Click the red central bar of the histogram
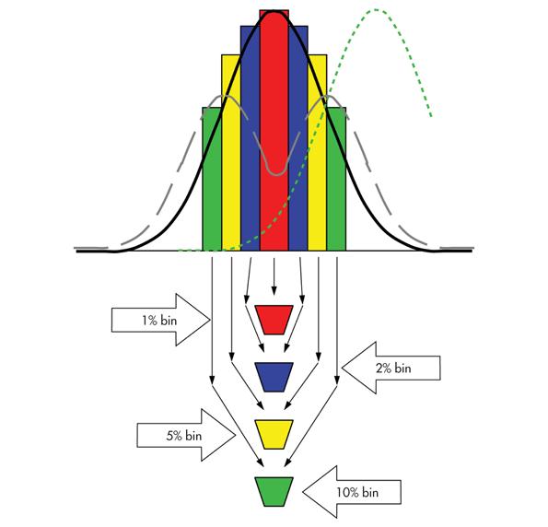pyautogui.click(x=274, y=130)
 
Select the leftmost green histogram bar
pyautogui.click(x=212, y=179)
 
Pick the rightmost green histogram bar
pyautogui.click(x=336, y=179)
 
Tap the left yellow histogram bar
pyautogui.click(x=231, y=153)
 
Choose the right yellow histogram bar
pyautogui.click(x=317, y=153)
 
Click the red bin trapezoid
pyautogui.click(x=274, y=320)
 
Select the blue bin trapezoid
pyautogui.click(x=274, y=377)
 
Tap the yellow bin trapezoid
pyautogui.click(x=274, y=434)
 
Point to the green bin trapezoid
pyautogui.click(x=274, y=492)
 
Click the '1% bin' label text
pyautogui.click(x=159, y=321)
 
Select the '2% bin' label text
pyautogui.click(x=393, y=368)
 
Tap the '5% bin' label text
pyautogui.click(x=184, y=436)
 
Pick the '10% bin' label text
pyautogui.click(x=357, y=492)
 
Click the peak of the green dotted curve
pyautogui.click(x=376, y=10)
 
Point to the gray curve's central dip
pyautogui.click(x=276, y=174)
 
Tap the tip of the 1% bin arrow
pyautogui.click(x=210, y=320)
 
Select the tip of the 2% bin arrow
pyautogui.click(x=342, y=368)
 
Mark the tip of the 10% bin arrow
pyautogui.click(x=303, y=492)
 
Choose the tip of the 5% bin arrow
pyautogui.click(x=236, y=435)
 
